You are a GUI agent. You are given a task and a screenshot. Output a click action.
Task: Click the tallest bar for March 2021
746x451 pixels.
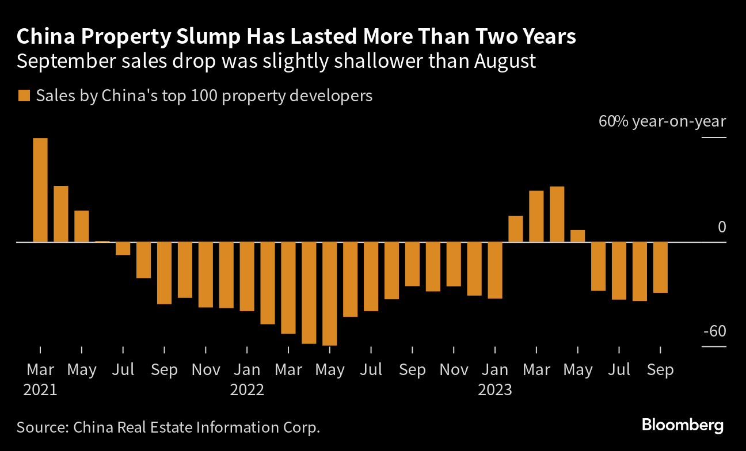coord(40,190)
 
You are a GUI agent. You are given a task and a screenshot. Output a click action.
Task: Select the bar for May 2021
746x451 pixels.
coord(82,226)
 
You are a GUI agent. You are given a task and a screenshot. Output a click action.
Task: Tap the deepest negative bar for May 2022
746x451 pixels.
coord(330,293)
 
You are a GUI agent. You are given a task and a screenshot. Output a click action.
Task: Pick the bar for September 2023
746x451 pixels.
coord(660,267)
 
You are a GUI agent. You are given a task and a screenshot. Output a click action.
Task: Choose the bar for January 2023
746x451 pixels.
coord(495,270)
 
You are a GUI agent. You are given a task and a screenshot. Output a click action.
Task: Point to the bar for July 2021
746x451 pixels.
coord(123,249)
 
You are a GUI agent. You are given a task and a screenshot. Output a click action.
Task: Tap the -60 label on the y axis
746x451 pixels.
coord(714,332)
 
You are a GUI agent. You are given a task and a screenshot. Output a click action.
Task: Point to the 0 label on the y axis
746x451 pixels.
coord(722,228)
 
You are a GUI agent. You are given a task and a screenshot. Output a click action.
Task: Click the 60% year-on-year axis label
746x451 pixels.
coord(663,122)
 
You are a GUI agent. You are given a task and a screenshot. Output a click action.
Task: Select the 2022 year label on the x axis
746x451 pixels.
coord(247,390)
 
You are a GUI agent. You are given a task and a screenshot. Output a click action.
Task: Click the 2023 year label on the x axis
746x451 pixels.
coord(495,390)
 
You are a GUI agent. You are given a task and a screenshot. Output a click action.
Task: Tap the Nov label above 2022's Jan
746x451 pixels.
coord(205,370)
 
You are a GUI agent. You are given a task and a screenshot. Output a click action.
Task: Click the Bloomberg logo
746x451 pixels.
coord(683,426)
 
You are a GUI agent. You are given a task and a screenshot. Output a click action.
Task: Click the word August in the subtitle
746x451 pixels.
coord(505,61)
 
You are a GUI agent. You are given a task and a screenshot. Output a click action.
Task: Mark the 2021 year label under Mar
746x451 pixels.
coord(40,390)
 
